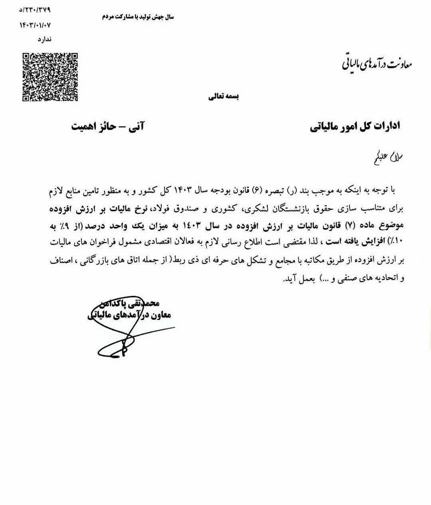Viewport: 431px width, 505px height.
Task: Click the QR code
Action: coord(49,77)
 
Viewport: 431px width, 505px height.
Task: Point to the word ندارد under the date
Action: coord(44,39)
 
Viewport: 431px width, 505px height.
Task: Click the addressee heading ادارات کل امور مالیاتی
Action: coord(355,126)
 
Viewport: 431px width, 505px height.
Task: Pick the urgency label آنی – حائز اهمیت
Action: coord(108,126)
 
